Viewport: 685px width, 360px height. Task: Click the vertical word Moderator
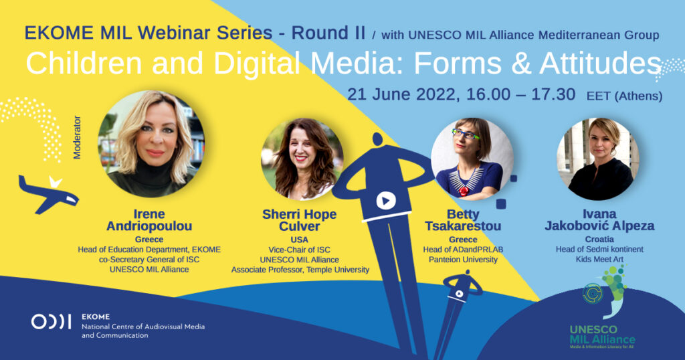[77, 137]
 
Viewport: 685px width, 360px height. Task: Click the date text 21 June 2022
[402, 94]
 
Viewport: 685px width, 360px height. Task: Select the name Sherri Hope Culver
[299, 220]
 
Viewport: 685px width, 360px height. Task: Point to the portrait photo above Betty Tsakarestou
[472, 159]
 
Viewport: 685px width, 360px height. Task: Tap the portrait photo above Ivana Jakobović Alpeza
[597, 159]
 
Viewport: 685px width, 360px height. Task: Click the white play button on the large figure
[386, 201]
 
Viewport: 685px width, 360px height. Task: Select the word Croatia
[599, 240]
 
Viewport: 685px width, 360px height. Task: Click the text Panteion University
[463, 260]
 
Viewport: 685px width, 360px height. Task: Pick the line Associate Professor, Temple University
[300, 270]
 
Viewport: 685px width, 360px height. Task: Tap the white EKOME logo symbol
[51, 322]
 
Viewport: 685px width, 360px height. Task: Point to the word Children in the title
[84, 64]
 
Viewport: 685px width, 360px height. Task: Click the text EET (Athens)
[624, 96]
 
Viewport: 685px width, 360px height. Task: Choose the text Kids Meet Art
[599, 259]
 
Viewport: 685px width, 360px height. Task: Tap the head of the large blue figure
[377, 140]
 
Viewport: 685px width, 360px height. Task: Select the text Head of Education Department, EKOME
[149, 250]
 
